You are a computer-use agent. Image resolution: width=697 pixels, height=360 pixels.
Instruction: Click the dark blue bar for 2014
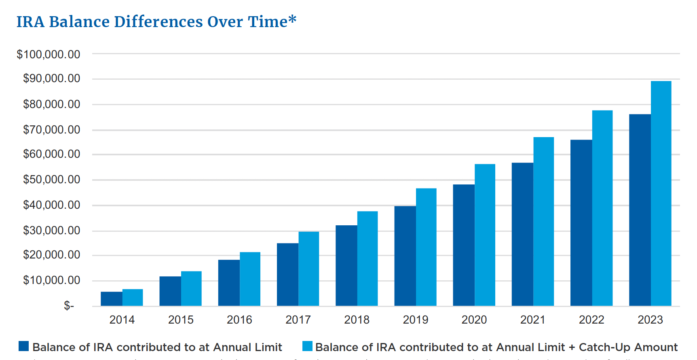click(112, 299)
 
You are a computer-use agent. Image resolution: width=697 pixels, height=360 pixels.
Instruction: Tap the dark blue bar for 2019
click(405, 256)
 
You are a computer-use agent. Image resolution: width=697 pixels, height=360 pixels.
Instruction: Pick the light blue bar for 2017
click(309, 269)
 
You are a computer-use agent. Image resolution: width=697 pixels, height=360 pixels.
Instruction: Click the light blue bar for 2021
click(543, 221)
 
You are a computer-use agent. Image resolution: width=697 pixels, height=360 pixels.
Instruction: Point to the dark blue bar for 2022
click(581, 222)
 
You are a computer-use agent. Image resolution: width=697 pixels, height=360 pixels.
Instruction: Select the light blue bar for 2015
click(191, 288)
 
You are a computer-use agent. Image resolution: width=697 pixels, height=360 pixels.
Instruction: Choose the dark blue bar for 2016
click(229, 282)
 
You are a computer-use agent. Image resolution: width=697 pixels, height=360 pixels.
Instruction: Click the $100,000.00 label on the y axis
click(49, 54)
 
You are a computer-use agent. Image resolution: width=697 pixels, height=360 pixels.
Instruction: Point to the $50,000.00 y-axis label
click(52, 179)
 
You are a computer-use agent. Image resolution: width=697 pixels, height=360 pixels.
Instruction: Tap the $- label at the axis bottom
click(69, 306)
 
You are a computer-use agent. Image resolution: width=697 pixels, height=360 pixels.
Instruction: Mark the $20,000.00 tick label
click(52, 254)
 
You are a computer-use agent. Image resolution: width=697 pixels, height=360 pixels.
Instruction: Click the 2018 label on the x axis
click(357, 320)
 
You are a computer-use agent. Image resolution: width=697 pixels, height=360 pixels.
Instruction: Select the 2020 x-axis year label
click(474, 320)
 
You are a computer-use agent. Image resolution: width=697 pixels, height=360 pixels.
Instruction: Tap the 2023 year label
click(650, 320)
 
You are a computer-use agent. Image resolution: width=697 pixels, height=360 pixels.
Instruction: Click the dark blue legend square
click(24, 346)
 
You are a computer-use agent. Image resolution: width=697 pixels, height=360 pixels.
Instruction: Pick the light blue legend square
click(307, 346)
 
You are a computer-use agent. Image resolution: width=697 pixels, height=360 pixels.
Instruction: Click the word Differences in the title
click(158, 22)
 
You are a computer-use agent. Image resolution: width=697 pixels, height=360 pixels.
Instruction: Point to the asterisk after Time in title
click(292, 19)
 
